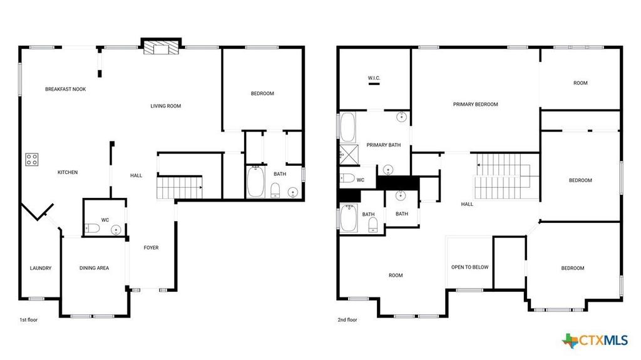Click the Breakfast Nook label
65,89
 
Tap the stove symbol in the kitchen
32,159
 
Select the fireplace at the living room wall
161,47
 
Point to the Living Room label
165,106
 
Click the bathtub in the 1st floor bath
255,181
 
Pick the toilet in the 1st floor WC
92,228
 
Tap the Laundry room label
41,268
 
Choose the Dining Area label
94,268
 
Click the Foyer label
151,247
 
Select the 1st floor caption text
29,320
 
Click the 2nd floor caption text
347,320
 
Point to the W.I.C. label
374,78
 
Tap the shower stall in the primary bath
349,154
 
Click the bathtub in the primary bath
348,127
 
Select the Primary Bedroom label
476,105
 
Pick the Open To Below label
469,267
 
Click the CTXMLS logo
595,341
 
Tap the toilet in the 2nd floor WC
347,178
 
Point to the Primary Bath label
384,145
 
